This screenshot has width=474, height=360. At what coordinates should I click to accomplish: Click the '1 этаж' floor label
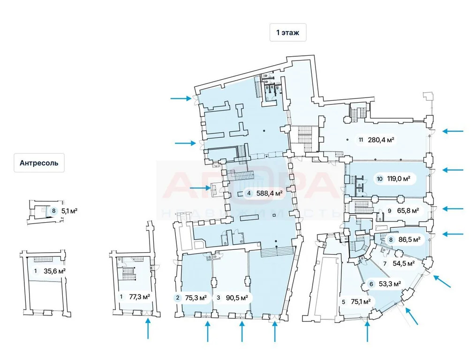point(288,32)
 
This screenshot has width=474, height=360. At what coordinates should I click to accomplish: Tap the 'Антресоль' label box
point(39,163)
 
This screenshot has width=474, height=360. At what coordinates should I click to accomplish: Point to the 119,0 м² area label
point(398,179)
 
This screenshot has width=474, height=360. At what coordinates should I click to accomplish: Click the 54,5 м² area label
point(403,263)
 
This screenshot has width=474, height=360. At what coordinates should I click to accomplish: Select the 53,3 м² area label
point(390,284)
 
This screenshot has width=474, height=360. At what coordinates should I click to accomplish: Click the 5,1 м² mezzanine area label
point(69,211)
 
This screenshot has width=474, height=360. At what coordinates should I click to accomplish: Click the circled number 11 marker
point(361,139)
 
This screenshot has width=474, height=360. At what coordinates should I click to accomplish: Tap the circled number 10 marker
point(379,179)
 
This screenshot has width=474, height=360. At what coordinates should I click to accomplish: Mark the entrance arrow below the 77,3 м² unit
point(148,328)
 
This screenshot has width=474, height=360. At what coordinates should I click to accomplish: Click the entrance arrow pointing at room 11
point(453,131)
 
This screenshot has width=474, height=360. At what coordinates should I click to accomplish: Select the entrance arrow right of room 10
point(453,170)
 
